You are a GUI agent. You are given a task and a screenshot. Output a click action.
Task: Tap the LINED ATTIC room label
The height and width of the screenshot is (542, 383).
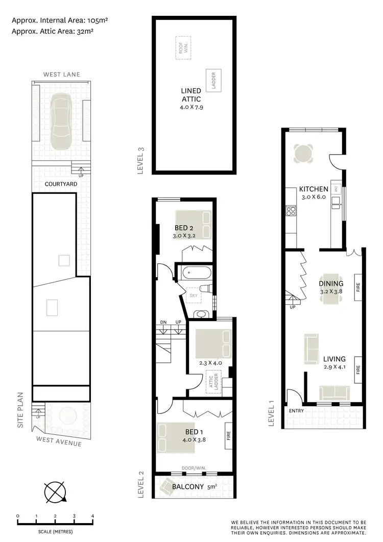coord(191,94)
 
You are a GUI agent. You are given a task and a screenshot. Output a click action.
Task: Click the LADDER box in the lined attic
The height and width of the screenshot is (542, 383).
coord(213,81)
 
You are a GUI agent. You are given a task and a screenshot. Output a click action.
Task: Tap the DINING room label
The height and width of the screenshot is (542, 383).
coord(331,284)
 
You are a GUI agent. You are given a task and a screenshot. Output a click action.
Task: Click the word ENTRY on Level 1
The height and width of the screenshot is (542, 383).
coord(296,410)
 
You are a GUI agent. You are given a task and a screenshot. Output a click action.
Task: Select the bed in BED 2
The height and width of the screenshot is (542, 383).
coord(194,225)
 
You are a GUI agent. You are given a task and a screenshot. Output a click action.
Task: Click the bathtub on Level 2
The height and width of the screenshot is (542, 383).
coord(195,273)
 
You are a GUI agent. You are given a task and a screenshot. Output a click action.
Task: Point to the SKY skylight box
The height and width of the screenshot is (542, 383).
coord(194,295)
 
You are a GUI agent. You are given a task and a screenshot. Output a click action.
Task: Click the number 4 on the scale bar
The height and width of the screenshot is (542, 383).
coord(93,516)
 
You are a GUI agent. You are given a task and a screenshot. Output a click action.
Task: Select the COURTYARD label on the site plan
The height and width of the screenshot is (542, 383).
coord(61,184)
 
